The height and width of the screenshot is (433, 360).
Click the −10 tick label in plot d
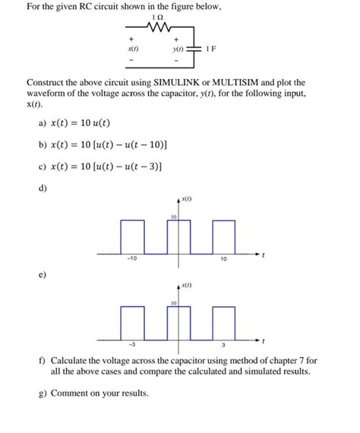click(131, 259)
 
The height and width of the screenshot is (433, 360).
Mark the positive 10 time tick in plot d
click(223, 259)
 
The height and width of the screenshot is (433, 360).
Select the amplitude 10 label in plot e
click(174, 302)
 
